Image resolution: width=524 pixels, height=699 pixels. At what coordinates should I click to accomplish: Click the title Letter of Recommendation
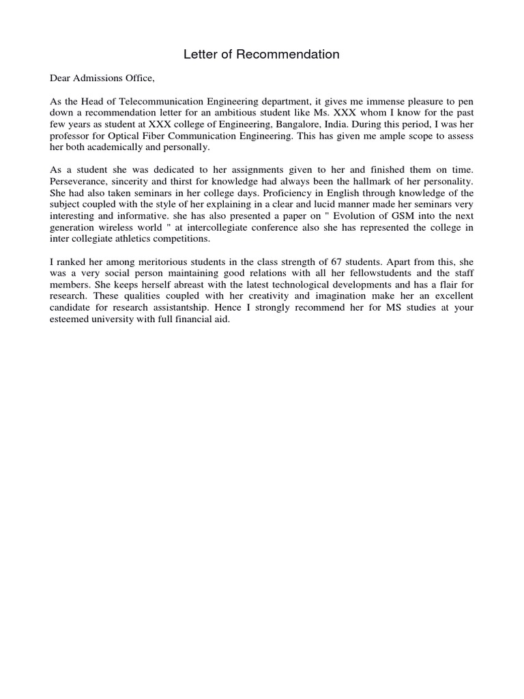[261, 55]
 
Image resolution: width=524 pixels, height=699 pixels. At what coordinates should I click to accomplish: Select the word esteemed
[70, 319]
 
